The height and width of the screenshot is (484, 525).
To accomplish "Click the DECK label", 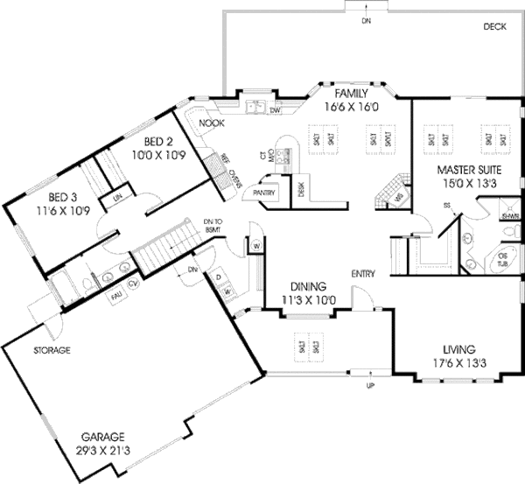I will coord(494,27).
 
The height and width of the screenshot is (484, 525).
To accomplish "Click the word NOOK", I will coord(212,123).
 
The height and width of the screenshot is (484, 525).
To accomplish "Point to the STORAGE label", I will coord(52,350).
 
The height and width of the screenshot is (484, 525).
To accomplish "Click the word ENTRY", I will coord(363,274).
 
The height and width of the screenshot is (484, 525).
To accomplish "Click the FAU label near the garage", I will coord(115,297).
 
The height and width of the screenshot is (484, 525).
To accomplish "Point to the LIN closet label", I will coord(115,200).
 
